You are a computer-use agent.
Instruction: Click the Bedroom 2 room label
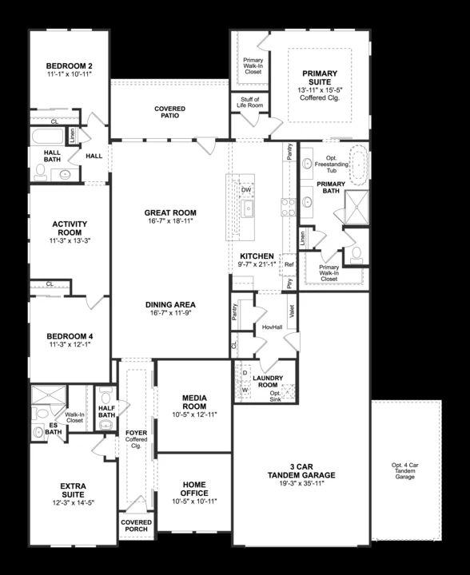(x=69, y=66)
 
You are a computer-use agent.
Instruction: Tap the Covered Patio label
(x=170, y=113)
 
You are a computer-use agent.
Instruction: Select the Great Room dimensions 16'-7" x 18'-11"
(x=170, y=220)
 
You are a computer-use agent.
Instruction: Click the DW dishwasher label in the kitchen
(x=246, y=190)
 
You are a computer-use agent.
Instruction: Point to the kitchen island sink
(x=248, y=209)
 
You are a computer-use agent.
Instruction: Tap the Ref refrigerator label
(x=289, y=264)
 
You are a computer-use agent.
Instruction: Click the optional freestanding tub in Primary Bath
(x=359, y=165)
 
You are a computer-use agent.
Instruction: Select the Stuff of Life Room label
(x=250, y=102)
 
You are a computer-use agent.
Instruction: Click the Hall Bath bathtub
(x=48, y=137)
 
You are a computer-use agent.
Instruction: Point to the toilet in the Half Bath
(x=106, y=397)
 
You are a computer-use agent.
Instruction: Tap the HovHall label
(x=273, y=327)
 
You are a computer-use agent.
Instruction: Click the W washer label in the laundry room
(x=245, y=391)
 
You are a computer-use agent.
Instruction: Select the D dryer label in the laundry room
(x=245, y=373)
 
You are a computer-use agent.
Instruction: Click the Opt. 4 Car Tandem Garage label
(x=405, y=471)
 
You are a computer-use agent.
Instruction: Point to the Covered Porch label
(x=136, y=525)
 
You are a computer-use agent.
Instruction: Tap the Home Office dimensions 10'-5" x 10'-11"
(x=194, y=502)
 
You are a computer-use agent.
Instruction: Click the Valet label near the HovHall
(x=292, y=311)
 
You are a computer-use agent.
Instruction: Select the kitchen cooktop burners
(x=288, y=207)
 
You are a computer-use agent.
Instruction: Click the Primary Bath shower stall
(x=356, y=207)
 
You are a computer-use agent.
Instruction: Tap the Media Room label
(x=194, y=402)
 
